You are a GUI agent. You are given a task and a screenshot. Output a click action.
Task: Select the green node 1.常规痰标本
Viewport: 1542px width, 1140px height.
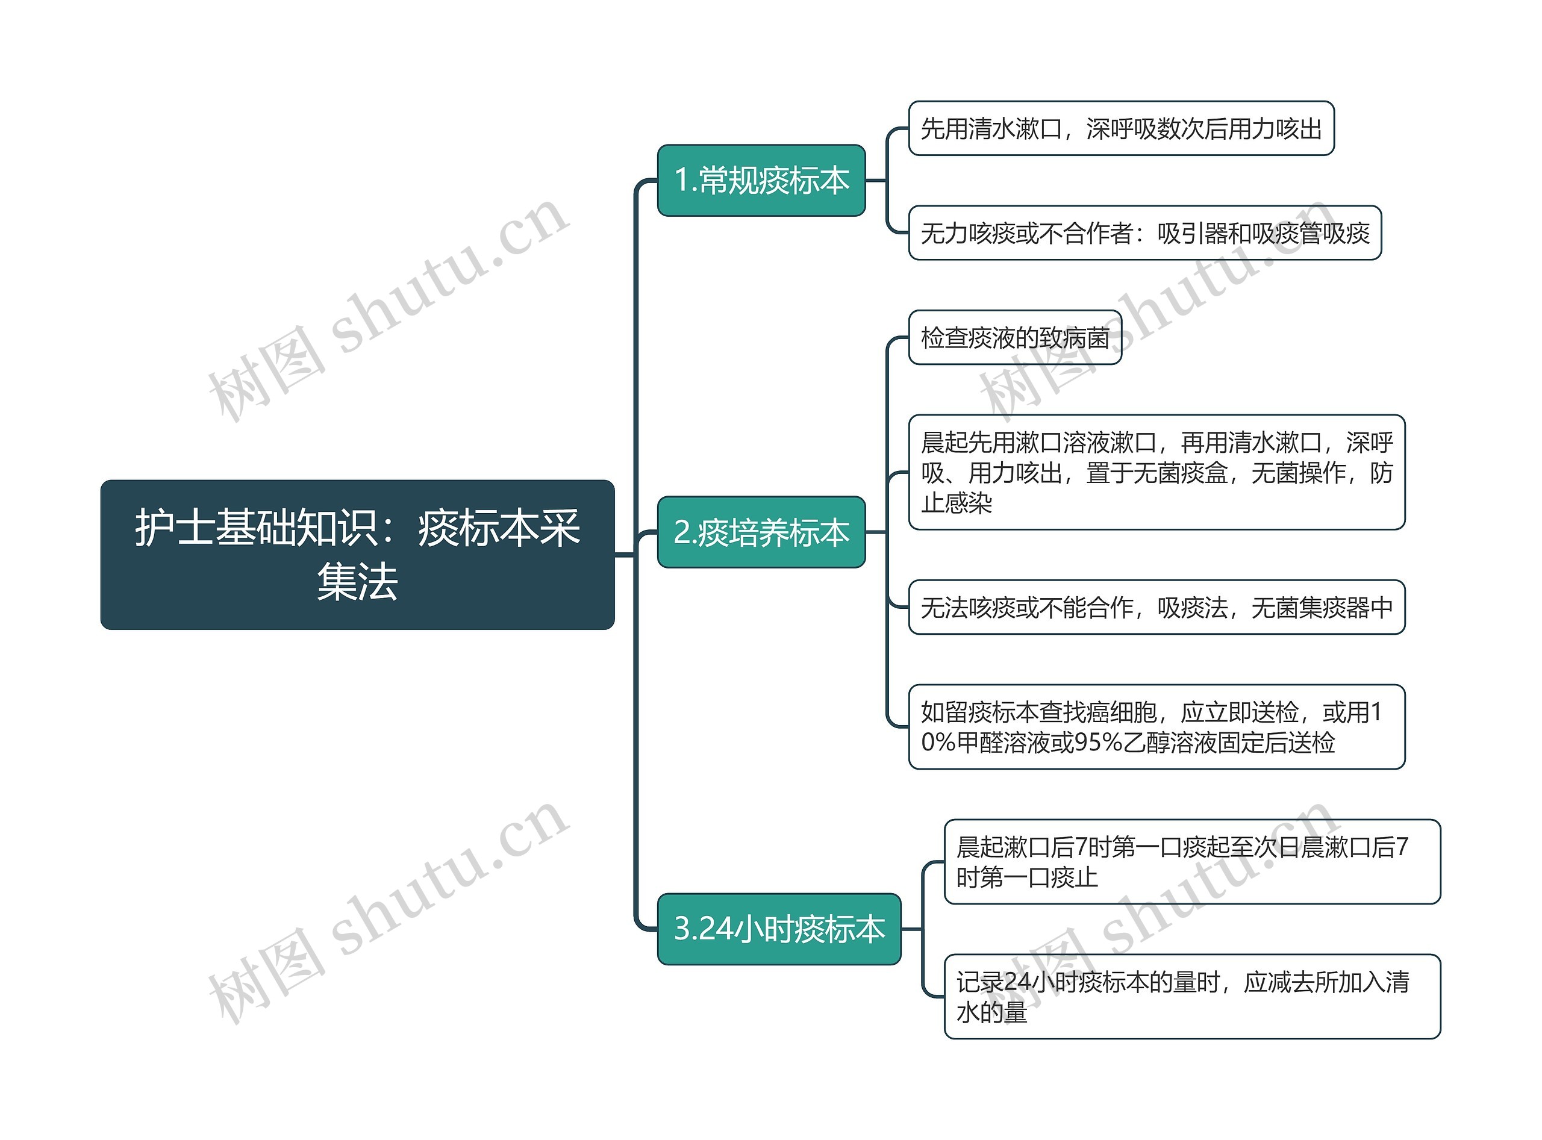761,180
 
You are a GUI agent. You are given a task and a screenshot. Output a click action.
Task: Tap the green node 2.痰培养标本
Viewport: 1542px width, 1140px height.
761,532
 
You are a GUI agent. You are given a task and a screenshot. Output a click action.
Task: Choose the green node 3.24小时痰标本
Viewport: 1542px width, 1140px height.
779,929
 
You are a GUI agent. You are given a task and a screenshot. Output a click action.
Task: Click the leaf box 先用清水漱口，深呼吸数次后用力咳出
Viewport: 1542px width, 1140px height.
1120,128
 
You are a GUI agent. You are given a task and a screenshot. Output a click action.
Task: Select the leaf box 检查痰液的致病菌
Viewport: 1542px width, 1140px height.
1015,337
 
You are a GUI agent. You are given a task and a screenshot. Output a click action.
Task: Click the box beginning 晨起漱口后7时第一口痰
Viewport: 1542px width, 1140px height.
1191,862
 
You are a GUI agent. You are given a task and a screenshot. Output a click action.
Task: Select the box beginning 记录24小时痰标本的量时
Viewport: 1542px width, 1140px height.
1191,997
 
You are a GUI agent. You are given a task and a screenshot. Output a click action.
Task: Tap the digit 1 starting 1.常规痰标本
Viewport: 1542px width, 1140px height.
681,181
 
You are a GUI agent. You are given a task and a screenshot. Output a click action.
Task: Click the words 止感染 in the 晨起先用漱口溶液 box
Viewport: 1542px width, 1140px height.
956,503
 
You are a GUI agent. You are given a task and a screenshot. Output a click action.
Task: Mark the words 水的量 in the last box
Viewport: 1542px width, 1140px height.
991,1012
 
